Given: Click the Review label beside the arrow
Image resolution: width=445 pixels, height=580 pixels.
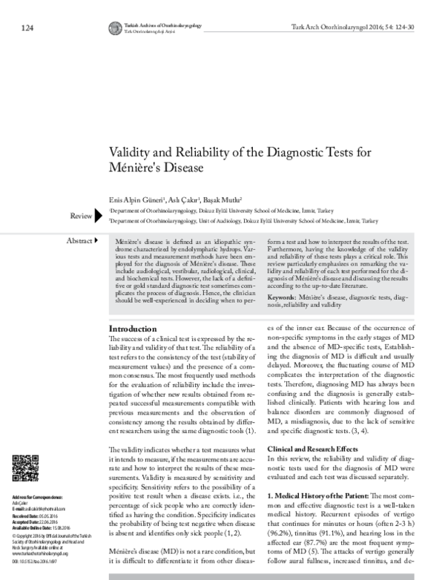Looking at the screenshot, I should point(79,215).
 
